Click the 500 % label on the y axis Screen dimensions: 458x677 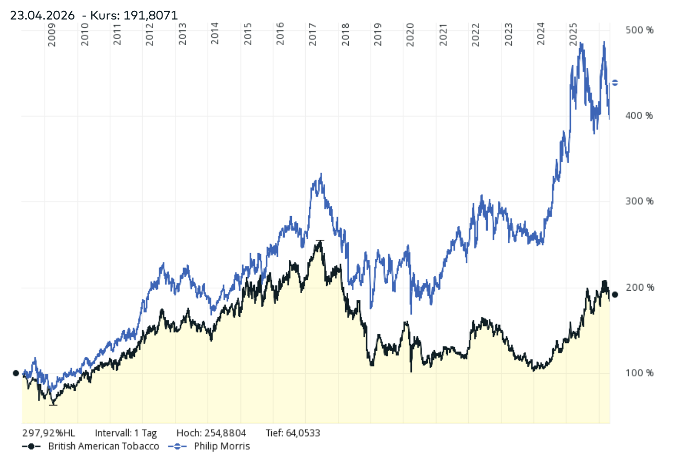coord(640,30)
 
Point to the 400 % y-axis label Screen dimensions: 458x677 coord(640,116)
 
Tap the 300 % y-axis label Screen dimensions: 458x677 coord(640,201)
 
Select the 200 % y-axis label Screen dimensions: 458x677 coord(640,288)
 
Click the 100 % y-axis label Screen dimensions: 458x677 coord(640,373)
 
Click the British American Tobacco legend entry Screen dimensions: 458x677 coord(103,446)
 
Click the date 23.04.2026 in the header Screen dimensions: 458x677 coord(42,15)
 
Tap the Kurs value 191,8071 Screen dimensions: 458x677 coord(150,15)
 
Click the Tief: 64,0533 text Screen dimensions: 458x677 coord(293,433)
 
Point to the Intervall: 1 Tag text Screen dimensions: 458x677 coord(126,433)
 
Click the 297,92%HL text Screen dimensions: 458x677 coord(49,433)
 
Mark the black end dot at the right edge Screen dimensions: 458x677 coord(615,294)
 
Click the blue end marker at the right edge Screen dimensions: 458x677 coord(615,83)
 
